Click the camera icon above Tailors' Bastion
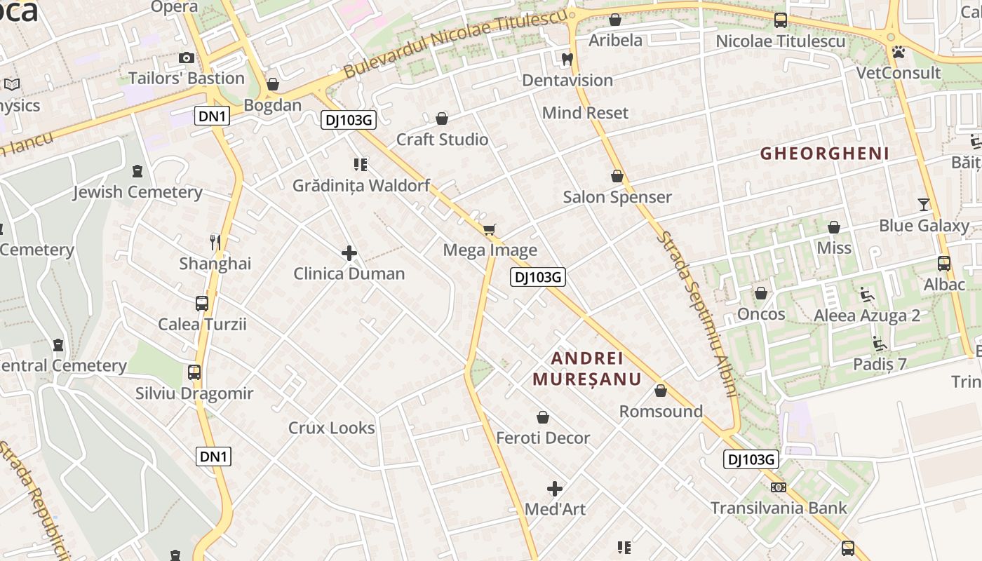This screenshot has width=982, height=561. pyautogui.click(x=187, y=58)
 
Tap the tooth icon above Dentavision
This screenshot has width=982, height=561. pyautogui.click(x=567, y=60)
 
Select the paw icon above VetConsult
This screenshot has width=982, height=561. pyautogui.click(x=898, y=52)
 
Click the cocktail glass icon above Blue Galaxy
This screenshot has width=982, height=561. pyautogui.click(x=924, y=205)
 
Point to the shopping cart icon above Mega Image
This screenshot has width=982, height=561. pyautogui.click(x=490, y=229)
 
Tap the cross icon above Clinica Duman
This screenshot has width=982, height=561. pyautogui.click(x=349, y=253)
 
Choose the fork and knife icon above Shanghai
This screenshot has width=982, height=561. pyautogui.click(x=215, y=243)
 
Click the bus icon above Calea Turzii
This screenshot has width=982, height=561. pyautogui.click(x=202, y=304)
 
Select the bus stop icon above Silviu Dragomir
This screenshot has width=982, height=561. pyautogui.click(x=194, y=372)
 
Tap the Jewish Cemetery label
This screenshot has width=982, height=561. pyautogui.click(x=137, y=192)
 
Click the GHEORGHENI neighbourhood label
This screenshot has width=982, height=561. pyautogui.click(x=825, y=154)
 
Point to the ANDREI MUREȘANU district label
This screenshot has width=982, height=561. pyautogui.click(x=587, y=369)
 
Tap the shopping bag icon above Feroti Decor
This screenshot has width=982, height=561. pyautogui.click(x=542, y=418)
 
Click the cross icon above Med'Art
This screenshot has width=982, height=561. pyautogui.click(x=555, y=488)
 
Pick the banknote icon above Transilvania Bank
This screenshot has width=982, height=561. pyautogui.click(x=779, y=487)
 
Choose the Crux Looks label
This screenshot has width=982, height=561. pyautogui.click(x=331, y=428)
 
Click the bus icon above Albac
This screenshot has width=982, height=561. pyautogui.click(x=944, y=264)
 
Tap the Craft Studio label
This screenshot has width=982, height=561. pyautogui.click(x=442, y=140)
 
